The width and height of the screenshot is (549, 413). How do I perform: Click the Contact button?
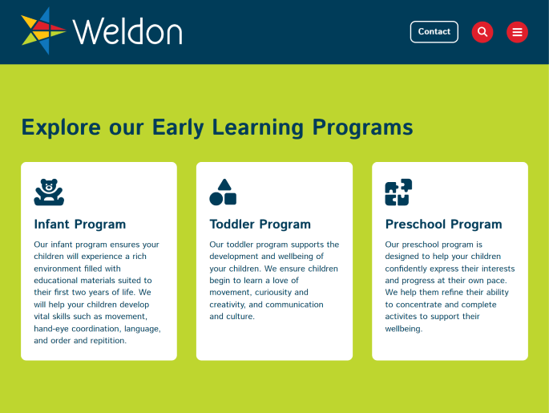(x=434, y=32)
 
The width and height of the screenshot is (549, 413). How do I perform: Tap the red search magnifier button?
(x=482, y=32)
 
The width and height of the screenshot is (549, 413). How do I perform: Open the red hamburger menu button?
(x=517, y=32)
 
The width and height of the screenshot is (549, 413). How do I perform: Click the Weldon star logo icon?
(x=42, y=30)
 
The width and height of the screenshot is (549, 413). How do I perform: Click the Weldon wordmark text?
(x=127, y=32)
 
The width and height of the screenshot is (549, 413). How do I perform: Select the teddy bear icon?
(x=49, y=192)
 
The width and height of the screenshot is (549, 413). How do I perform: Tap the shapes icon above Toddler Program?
(x=223, y=192)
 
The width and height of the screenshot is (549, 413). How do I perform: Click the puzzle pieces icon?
(x=398, y=192)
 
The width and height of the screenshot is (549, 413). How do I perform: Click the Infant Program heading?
(x=80, y=225)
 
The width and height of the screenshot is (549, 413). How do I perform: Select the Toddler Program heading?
(x=260, y=225)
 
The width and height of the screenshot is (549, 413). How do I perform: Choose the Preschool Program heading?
(x=444, y=225)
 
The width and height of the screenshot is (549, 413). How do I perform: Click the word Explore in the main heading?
(x=61, y=128)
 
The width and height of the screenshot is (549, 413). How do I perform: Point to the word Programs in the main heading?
(x=363, y=128)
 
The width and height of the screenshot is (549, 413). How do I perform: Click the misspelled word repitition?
(x=108, y=341)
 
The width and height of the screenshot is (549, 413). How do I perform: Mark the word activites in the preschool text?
(x=402, y=316)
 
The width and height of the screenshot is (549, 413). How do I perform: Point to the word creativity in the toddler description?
(x=228, y=305)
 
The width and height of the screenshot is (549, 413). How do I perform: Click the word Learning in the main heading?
(x=258, y=128)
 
